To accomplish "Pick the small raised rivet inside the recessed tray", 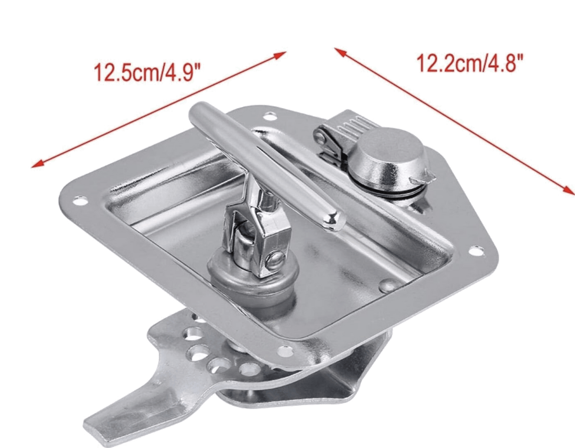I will [386, 285].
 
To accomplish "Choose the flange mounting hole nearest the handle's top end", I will [271, 114].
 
